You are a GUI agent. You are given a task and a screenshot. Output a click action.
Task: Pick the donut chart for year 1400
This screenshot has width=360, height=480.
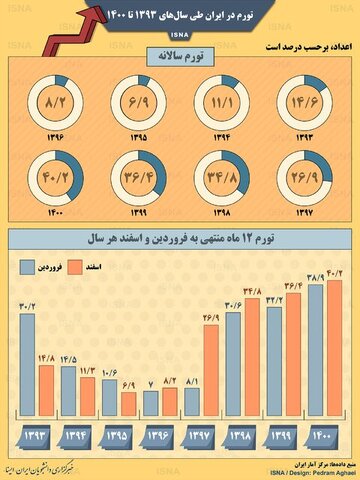[x=55, y=181]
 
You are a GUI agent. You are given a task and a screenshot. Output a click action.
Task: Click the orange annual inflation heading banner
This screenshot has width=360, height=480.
[x=181, y=59]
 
